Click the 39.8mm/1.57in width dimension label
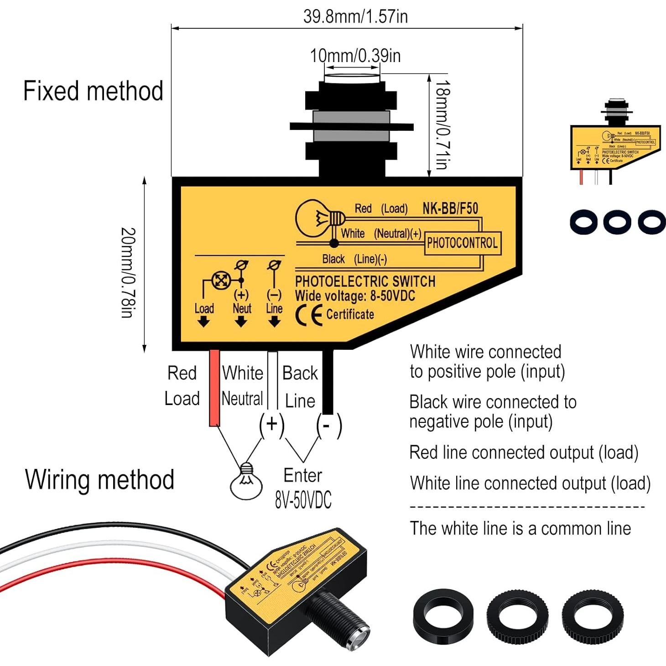pyautogui.click(x=355, y=16)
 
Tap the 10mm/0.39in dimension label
pyautogui.click(x=355, y=56)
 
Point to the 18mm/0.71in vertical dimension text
pyautogui.click(x=442, y=125)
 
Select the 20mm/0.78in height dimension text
pyautogui.click(x=128, y=272)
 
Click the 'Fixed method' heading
pyautogui.click(x=93, y=91)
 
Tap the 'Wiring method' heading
pyautogui.click(x=99, y=479)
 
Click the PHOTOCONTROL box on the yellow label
pyautogui.click(x=462, y=243)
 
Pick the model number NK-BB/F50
pyautogui.click(x=450, y=208)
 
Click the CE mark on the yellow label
pyautogui.click(x=309, y=315)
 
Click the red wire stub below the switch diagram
pyautogui.click(x=214, y=388)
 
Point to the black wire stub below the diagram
pyautogui.click(x=328, y=382)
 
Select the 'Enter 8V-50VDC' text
pyautogui.click(x=303, y=488)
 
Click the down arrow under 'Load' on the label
pyautogui.click(x=203, y=322)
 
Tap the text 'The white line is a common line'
pyautogui.click(x=520, y=528)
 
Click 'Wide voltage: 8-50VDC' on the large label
pyautogui.click(x=355, y=296)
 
